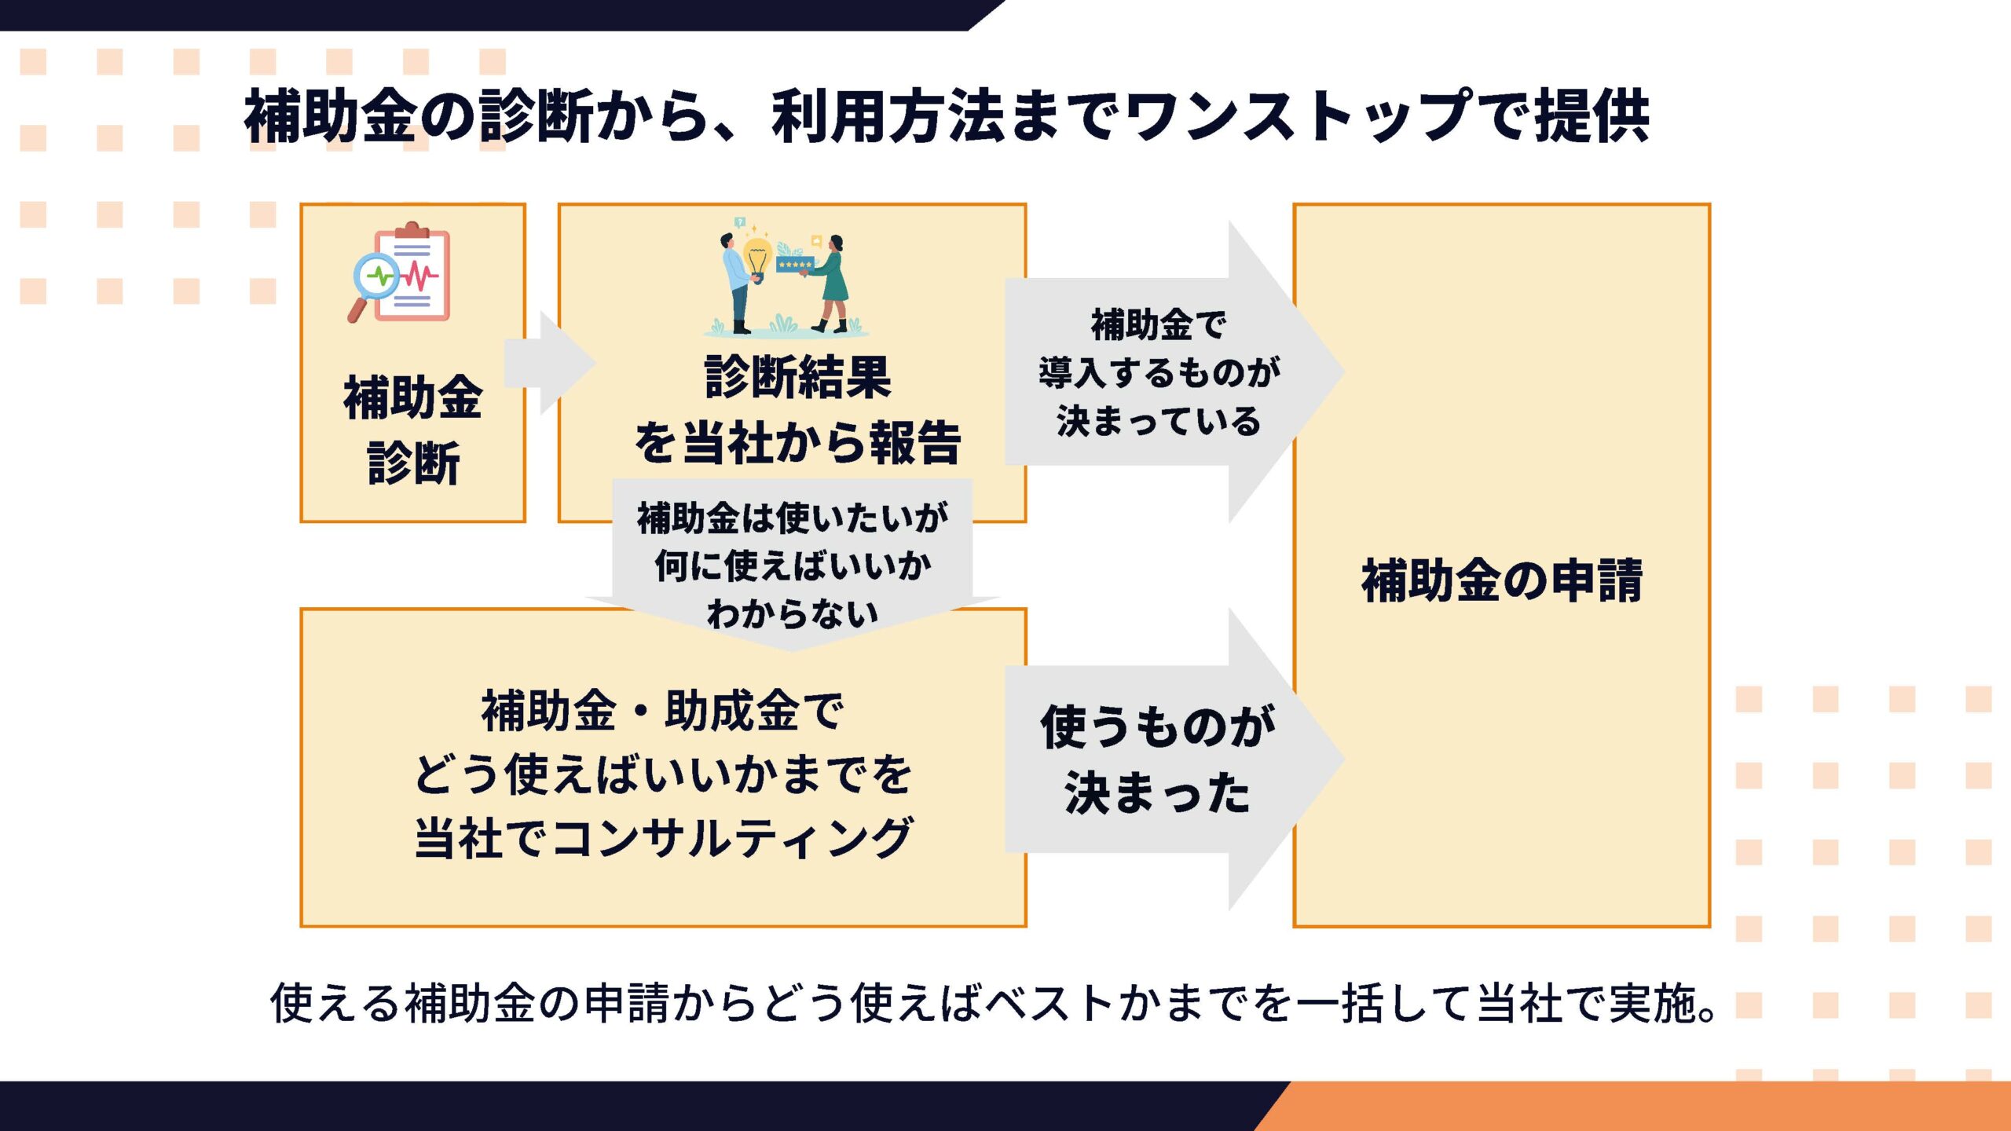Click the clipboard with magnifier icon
point(401,273)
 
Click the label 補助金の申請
point(1501,580)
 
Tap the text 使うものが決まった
point(1156,759)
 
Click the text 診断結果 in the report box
point(797,377)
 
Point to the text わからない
point(792,613)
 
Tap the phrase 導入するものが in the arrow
point(1159,372)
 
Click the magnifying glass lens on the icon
point(376,276)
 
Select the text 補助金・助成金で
point(662,711)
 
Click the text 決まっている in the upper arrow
point(1159,421)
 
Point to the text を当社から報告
point(797,442)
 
